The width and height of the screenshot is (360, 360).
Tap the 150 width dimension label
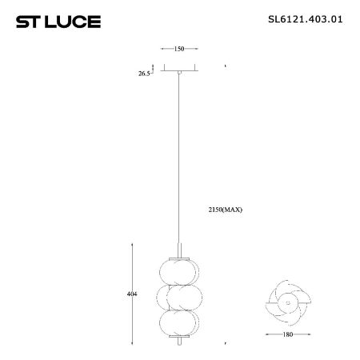pyautogui.click(x=179, y=49)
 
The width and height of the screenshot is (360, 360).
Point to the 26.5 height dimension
pyautogui.click(x=144, y=73)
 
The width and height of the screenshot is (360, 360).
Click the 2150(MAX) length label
pyautogui.click(x=224, y=210)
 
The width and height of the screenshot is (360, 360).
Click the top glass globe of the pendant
pyautogui.click(x=179, y=270)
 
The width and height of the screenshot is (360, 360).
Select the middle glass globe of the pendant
pyautogui.click(x=179, y=297)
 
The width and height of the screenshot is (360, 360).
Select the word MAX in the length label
pyautogui.click(x=233, y=210)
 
